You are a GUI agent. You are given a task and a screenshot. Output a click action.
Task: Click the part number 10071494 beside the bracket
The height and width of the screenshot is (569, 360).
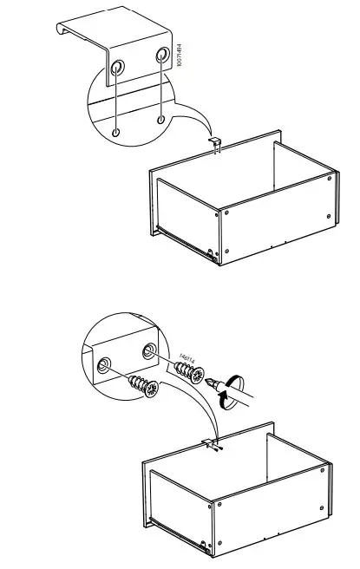click(180, 67)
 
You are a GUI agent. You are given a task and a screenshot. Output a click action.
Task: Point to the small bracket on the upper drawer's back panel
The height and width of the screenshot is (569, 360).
click(216, 143)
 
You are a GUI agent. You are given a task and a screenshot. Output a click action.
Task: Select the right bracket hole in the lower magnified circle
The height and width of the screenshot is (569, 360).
click(147, 351)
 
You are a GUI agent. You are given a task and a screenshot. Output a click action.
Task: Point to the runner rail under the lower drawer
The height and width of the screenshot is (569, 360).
click(178, 539)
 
